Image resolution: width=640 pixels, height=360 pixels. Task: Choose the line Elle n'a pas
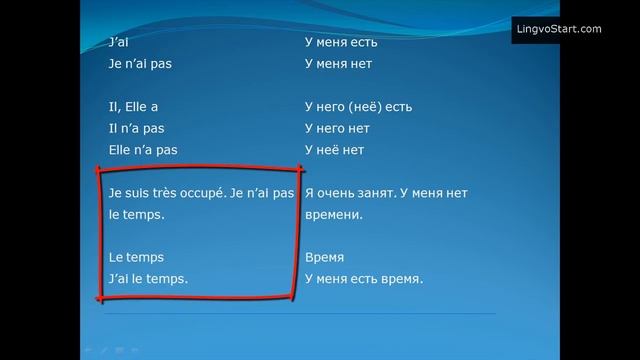[x=142, y=150]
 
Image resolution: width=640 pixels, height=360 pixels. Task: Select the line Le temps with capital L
[x=136, y=257]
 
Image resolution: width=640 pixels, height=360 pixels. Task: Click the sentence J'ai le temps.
[x=148, y=279]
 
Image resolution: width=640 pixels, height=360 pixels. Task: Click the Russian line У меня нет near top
[x=336, y=63]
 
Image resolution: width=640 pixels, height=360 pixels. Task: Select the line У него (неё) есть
[x=358, y=106]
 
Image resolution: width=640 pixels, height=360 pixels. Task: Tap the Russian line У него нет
[x=336, y=128]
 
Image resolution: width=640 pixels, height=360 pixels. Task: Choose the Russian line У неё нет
[x=334, y=150]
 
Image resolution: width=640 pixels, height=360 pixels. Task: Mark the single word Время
[x=323, y=257]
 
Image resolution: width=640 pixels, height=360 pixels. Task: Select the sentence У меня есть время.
[x=363, y=279]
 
